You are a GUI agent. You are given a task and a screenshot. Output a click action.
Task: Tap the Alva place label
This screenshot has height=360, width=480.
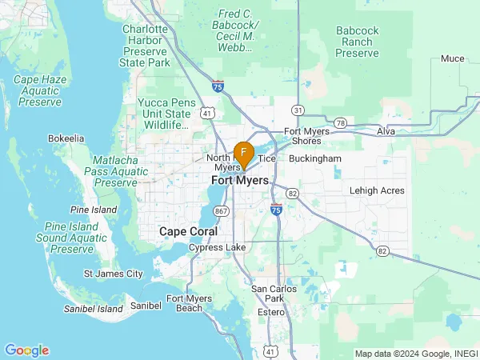pos(387,130)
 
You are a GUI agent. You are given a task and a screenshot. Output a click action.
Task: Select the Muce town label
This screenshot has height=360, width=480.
pos(452,58)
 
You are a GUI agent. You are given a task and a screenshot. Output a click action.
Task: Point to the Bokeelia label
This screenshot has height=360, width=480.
pos(66,138)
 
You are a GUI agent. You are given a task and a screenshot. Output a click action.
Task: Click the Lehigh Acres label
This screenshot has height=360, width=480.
pos(377,190)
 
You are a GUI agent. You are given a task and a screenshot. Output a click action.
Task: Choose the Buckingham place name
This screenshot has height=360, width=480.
pos(314,158)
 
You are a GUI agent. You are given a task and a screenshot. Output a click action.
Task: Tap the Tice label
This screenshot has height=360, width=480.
pos(267,158)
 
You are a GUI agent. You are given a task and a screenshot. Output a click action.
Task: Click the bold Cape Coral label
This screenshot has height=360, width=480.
pos(184,231)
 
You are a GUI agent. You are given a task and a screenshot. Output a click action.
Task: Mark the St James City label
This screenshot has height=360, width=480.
pos(114,274)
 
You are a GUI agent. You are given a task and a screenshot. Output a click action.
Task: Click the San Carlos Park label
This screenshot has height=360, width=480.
pos(274,294)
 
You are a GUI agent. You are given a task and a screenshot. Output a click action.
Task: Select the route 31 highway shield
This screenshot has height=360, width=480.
pos(297,110)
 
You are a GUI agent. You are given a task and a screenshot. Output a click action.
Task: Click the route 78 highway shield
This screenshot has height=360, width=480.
pos(341,122)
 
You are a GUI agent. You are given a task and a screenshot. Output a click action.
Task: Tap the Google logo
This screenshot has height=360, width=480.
pos(26,350)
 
